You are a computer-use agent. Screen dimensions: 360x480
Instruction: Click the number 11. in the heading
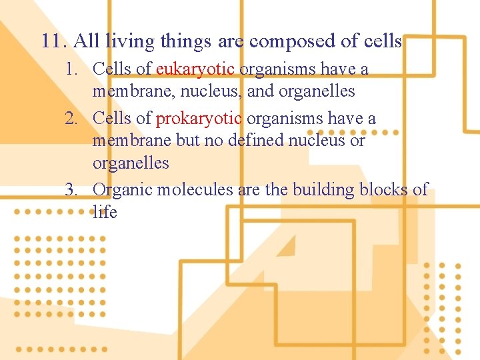[x=54, y=41]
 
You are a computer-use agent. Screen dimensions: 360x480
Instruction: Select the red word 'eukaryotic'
[x=195, y=69]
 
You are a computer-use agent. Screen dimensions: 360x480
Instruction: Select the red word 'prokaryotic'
[x=199, y=119]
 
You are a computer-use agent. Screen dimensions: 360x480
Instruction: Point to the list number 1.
[x=73, y=69]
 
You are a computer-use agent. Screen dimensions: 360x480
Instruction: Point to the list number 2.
[x=73, y=119]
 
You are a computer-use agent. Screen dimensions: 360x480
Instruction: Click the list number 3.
[x=73, y=190]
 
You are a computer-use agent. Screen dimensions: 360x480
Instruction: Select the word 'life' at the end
[x=105, y=212]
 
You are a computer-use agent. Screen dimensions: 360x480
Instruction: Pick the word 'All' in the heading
[x=86, y=41]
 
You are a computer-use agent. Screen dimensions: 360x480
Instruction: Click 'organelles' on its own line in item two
[x=131, y=163]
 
